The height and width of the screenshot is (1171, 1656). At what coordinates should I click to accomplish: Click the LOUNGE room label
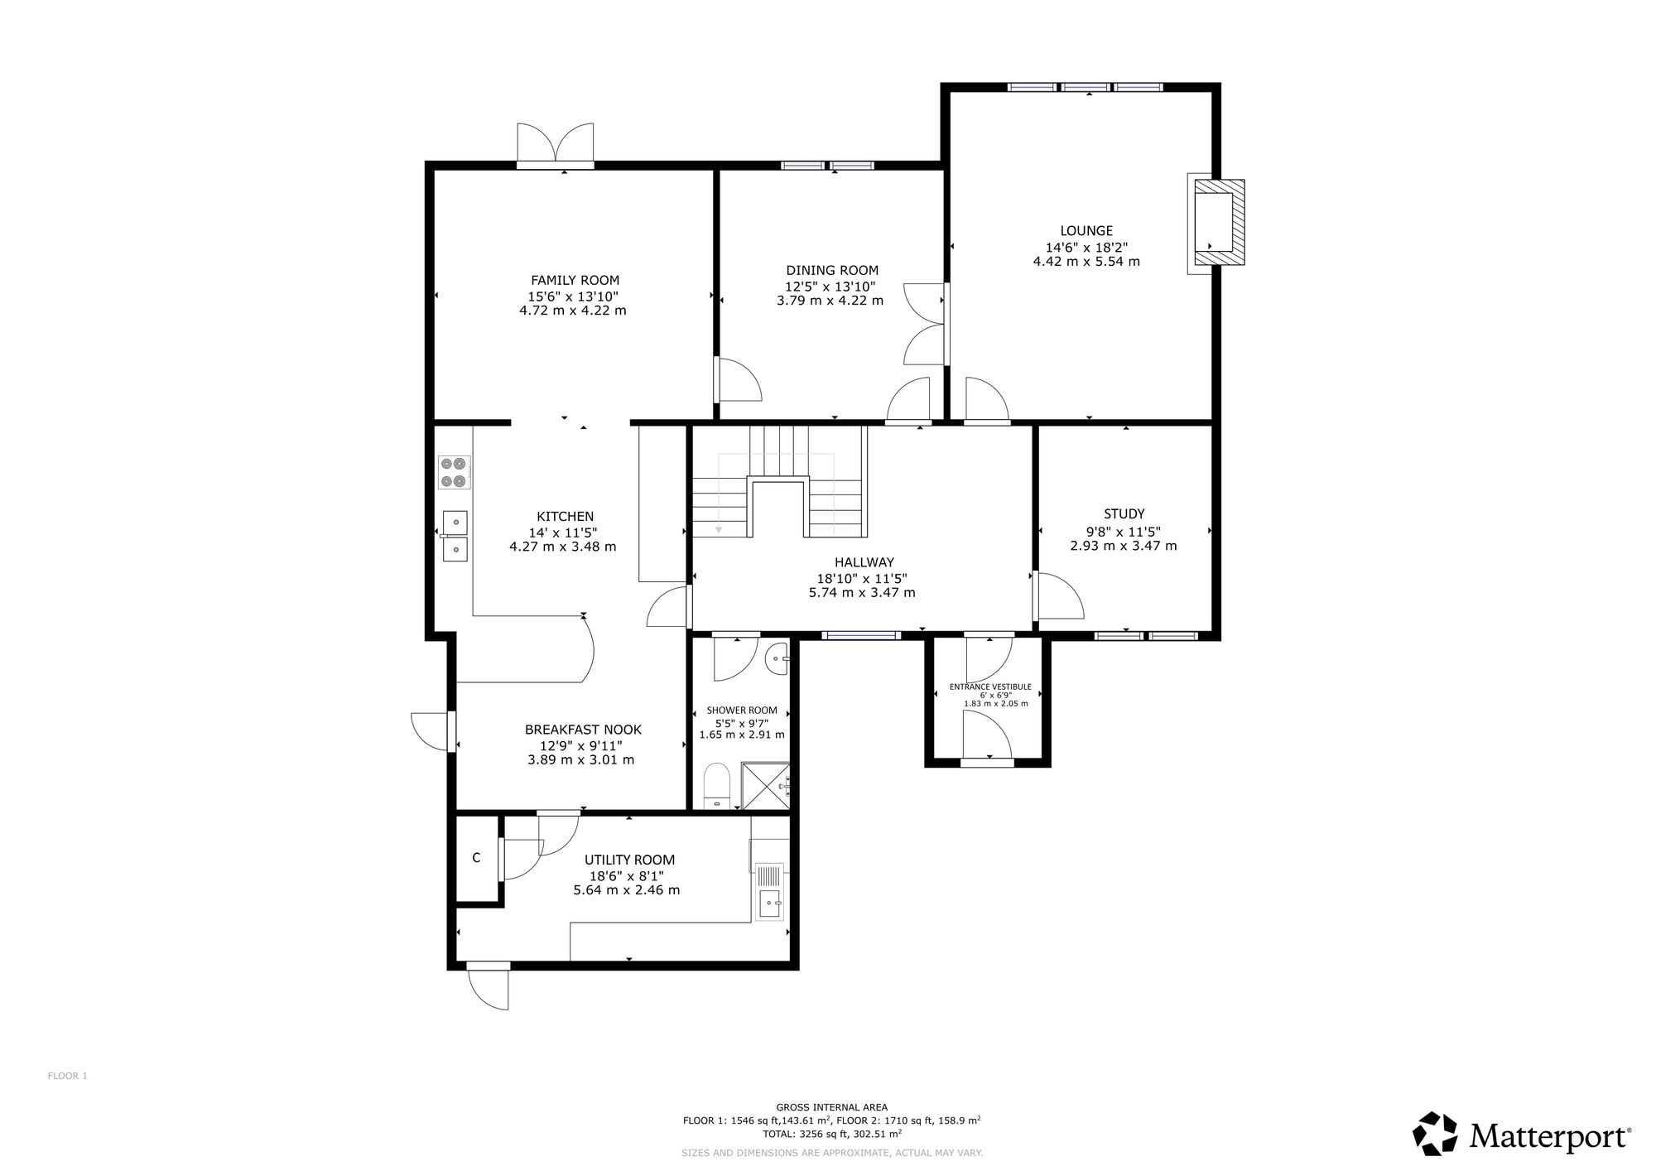click(x=1086, y=231)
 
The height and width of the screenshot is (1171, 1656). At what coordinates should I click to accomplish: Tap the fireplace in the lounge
click(x=1216, y=223)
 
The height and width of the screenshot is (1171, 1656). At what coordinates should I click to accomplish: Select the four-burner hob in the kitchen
click(x=455, y=472)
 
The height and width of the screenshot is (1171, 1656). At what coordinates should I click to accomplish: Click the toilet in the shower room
click(x=715, y=786)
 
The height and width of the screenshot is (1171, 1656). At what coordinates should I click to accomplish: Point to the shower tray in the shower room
click(x=766, y=786)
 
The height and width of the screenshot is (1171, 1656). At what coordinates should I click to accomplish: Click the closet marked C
click(x=477, y=859)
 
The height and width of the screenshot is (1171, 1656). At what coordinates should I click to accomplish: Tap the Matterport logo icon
click(x=1435, y=1134)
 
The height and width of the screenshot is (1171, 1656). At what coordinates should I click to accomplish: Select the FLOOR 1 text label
click(x=67, y=1076)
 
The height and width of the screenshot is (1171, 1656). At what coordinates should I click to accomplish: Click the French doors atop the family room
click(x=556, y=147)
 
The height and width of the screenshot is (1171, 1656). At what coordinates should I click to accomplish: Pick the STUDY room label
click(x=1124, y=514)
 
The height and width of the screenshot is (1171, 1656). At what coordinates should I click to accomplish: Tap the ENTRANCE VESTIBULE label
click(x=990, y=687)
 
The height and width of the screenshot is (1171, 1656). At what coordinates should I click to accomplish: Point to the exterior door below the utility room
click(x=489, y=987)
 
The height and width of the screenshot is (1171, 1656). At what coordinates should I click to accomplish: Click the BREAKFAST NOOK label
click(x=583, y=730)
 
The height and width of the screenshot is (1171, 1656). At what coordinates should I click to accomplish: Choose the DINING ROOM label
click(x=832, y=270)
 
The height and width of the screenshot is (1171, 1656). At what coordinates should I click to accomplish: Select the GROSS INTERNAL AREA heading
click(x=831, y=1107)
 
